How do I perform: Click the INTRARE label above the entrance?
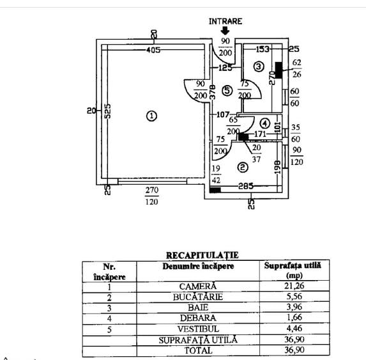point(225,21)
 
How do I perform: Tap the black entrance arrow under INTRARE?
point(225,31)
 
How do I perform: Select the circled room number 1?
point(151,116)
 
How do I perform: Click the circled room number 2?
point(243,167)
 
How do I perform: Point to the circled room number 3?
point(259,67)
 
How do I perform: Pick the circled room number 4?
point(264,123)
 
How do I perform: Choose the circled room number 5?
point(227,90)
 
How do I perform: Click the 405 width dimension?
point(153,50)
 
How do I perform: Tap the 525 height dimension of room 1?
point(107,111)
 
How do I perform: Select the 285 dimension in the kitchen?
point(246,186)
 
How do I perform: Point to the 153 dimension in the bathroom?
point(263,49)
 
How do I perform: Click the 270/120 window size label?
point(152,196)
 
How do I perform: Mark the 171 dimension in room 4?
point(260,134)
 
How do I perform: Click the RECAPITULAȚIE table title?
point(202,255)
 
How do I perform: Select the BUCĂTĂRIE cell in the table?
point(198,297)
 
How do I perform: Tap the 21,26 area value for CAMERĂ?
point(294,285)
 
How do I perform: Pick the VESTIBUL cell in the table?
point(198,329)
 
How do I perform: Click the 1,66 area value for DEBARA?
point(294,317)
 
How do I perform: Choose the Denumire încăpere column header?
point(198,266)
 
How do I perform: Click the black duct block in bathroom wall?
point(278,70)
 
